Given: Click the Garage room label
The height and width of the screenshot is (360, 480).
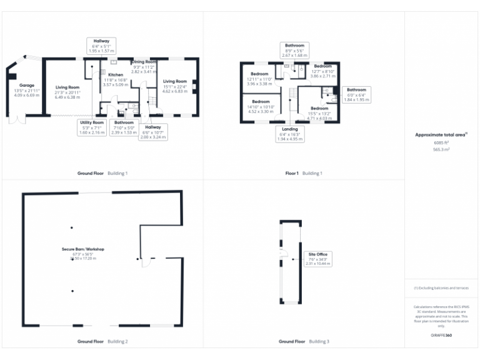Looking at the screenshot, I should pos(26,88).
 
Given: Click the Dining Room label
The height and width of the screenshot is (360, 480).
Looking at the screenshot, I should pos(144,67).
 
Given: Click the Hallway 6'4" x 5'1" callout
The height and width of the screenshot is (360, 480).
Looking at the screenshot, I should pos(101,45).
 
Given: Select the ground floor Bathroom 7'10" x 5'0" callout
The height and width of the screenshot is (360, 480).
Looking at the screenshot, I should pos(124,127).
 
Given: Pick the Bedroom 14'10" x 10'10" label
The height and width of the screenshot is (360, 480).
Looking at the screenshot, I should pos(261,106).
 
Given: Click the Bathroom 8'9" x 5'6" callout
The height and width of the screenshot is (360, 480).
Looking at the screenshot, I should pos(294,50).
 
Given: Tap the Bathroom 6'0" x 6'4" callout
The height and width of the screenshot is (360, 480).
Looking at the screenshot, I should pos(356,94).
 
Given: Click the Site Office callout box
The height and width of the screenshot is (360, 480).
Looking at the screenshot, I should pos(317,259).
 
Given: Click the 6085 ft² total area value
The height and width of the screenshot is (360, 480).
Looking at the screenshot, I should pos(441,142).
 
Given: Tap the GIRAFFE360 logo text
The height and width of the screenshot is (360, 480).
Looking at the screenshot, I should pos(441,336).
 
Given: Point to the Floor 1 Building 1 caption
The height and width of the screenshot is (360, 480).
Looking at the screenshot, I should pos(304,173).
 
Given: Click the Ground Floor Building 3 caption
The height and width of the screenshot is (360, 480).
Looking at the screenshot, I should pos(304,342).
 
